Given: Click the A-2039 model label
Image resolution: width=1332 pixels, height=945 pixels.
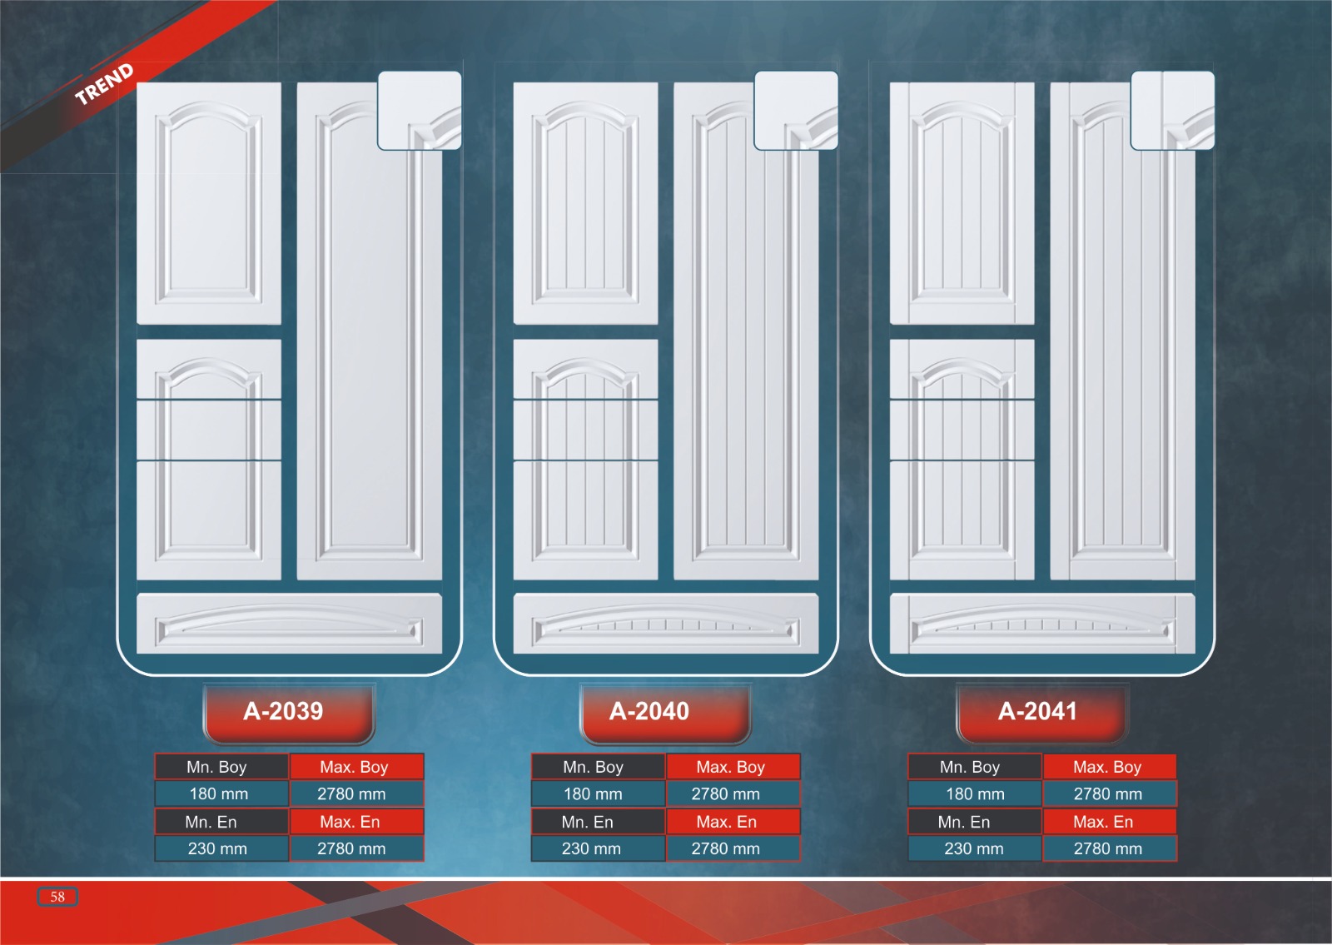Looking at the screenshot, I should [284, 711].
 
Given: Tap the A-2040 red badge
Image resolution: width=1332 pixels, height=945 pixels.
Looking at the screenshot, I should [649, 711].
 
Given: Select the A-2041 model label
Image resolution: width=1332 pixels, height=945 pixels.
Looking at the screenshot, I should [1037, 711].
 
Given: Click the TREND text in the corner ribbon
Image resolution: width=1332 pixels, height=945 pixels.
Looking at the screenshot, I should [104, 83].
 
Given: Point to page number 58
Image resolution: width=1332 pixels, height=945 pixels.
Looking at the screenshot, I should [57, 897].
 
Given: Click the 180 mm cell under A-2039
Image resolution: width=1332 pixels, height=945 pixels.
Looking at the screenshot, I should [219, 793].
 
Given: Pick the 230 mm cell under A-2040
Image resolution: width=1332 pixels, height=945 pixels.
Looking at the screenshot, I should [591, 848].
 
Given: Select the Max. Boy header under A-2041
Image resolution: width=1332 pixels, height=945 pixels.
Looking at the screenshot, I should [1107, 767].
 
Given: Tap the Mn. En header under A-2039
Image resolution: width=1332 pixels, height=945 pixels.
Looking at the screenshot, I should [211, 822].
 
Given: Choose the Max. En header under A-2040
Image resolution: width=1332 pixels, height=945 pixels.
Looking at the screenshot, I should [726, 822].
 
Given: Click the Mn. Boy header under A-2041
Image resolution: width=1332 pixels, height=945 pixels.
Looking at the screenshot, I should [970, 767].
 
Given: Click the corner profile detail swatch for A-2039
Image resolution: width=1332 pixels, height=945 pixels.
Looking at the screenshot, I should [420, 110].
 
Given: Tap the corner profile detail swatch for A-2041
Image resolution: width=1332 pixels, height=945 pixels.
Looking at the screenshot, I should [1172, 110].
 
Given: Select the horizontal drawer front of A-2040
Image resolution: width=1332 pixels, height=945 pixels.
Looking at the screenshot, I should [665, 623].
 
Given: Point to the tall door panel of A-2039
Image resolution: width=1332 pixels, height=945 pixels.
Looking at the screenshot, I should [369, 350].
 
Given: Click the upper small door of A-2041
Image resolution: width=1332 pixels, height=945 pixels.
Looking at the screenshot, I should [962, 203].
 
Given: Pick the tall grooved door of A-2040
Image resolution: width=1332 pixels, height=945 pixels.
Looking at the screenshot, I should [745, 350].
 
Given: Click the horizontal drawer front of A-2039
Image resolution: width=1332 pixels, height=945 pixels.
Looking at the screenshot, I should [289, 623].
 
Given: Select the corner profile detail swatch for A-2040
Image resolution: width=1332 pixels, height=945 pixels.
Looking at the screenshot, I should [796, 110].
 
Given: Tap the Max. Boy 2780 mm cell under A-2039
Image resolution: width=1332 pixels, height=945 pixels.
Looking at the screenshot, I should [351, 793].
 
